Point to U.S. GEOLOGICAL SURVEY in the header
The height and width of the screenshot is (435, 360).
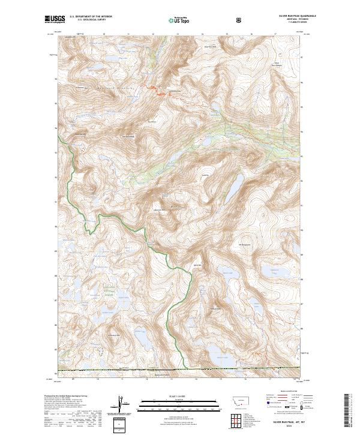pos(88,20)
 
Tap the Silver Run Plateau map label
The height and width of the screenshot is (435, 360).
pos(277,65)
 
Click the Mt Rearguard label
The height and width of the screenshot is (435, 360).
pos(245,244)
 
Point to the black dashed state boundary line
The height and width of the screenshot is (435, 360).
pos(180,368)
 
